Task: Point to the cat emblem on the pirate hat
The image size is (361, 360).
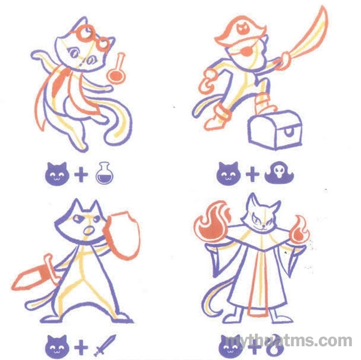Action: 242,28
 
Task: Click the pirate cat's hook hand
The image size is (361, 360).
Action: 207,82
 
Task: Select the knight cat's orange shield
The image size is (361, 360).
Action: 122,234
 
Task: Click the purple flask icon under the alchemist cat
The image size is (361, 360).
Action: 105,173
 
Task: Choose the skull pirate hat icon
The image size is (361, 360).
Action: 279,172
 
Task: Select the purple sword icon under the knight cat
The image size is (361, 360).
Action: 105,346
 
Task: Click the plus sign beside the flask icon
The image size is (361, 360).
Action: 81,174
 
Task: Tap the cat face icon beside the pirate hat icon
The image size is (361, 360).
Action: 229,174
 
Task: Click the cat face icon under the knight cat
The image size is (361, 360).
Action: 58,347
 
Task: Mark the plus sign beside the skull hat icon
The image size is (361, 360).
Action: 253,174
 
